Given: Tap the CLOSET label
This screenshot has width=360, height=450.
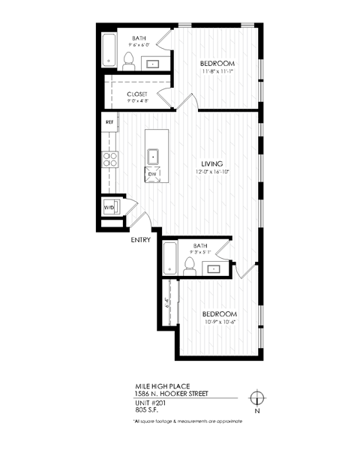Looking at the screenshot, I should [x=137, y=94].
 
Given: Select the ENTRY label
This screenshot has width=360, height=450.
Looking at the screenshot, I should [x=141, y=240].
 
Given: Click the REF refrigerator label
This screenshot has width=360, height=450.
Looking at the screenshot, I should [x=109, y=121].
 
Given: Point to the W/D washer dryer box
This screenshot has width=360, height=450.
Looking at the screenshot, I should [x=109, y=206].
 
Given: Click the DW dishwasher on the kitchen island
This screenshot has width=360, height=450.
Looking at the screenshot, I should [x=152, y=174].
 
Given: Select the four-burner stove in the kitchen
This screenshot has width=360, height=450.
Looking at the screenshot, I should [x=109, y=159].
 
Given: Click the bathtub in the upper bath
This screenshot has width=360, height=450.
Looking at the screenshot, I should [x=109, y=50].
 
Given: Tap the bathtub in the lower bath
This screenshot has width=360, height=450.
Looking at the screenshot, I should [x=169, y=259].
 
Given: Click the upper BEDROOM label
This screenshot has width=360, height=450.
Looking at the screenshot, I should [x=218, y=63].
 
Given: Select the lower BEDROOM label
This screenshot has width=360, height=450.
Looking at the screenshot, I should [x=219, y=313].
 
